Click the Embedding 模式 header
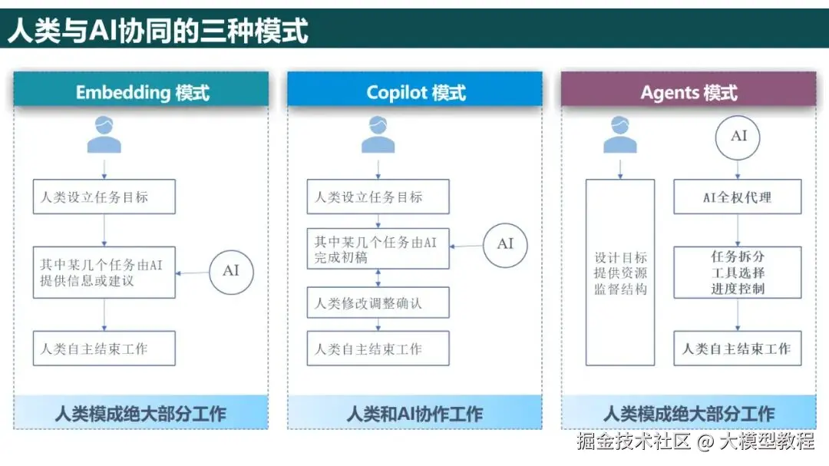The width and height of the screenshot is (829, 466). [x=141, y=93]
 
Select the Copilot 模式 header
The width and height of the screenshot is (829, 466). [x=415, y=93]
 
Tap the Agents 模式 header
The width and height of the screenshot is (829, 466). [x=689, y=93]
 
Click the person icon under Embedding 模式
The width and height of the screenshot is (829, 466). [x=104, y=135]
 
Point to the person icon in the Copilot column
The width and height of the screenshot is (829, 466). [x=378, y=135]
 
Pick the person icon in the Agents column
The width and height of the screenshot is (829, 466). [x=620, y=135]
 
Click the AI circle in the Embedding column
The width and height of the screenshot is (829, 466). [x=231, y=270]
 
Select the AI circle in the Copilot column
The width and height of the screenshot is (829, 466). [x=505, y=243]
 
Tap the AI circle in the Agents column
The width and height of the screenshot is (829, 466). [x=738, y=137]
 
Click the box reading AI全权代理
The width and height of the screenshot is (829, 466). [x=738, y=197]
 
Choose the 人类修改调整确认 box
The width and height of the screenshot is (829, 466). [x=378, y=302]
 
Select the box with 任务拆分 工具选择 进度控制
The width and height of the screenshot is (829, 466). [x=738, y=273]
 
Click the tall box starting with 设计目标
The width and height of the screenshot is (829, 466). [x=620, y=273]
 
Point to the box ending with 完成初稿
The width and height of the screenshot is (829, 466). [x=378, y=249]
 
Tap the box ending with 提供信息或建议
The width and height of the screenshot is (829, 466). [x=104, y=273]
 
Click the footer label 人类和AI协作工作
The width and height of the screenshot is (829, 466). [x=415, y=414]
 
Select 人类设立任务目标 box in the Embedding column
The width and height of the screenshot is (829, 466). [x=104, y=197]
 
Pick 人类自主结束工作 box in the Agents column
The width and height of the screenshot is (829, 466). [x=738, y=349]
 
